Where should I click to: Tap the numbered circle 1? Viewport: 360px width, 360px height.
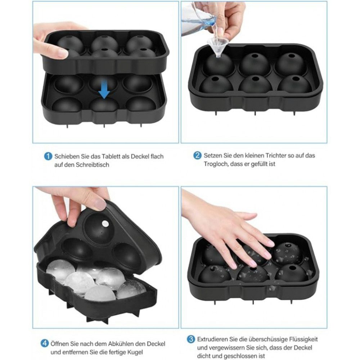48,156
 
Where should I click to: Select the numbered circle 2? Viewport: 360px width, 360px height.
197,156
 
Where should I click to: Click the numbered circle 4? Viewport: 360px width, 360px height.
45,343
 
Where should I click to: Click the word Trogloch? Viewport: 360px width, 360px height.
215,164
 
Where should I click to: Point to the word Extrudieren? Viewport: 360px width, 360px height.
212,339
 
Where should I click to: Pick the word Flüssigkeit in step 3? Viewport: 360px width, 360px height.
303,339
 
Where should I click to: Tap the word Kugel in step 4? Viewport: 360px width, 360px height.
135,352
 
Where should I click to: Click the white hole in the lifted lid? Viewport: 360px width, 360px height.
105,223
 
